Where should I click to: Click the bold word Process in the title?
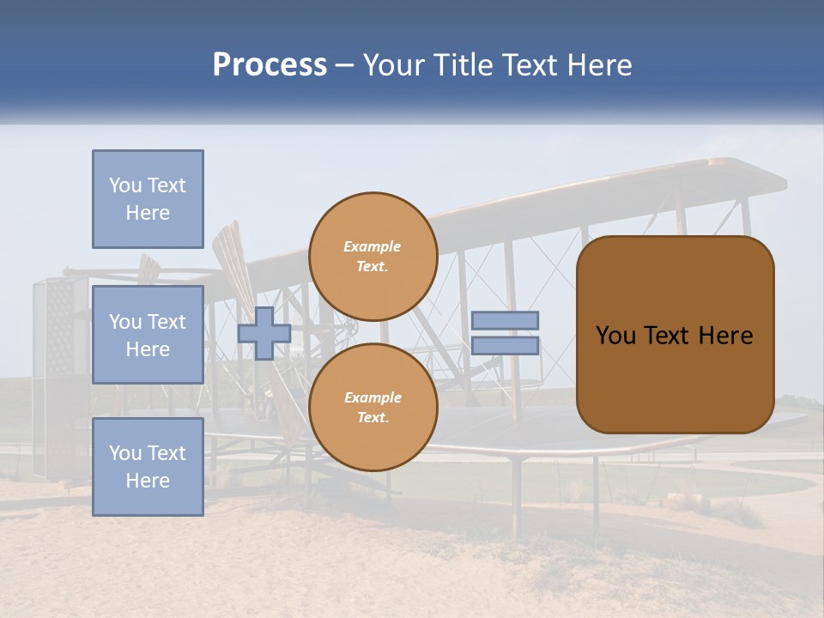(270, 65)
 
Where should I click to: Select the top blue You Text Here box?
(148, 199)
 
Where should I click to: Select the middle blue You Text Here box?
(148, 335)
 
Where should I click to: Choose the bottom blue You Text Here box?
(148, 466)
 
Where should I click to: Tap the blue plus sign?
(264, 333)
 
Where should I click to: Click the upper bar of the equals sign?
(505, 320)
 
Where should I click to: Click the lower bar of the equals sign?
(505, 346)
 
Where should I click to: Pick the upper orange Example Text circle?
(373, 256)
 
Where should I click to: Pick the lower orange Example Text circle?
(373, 407)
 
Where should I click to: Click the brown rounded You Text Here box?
(675, 335)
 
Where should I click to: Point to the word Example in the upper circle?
(372, 246)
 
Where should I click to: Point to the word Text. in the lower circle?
(372, 418)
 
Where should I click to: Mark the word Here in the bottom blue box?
(148, 481)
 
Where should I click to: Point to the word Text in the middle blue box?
(167, 322)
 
